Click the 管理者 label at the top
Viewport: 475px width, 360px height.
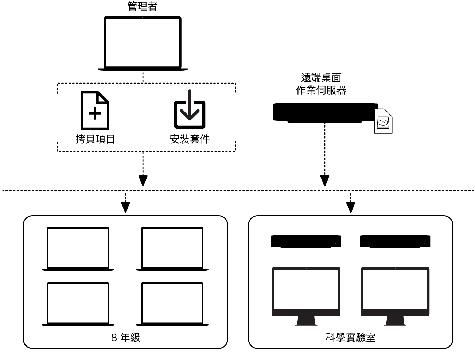(x=142, y=7)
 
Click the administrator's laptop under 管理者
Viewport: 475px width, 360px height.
(x=143, y=43)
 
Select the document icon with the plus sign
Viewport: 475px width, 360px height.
(x=95, y=111)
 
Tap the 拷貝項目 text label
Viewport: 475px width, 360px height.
(x=95, y=139)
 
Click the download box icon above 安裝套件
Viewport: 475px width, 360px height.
(x=189, y=110)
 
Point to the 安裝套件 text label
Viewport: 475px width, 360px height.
(x=190, y=139)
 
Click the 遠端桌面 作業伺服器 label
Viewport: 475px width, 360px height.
(x=321, y=84)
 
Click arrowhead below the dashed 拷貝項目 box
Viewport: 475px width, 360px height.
(x=143, y=181)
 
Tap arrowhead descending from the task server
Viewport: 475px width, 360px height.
(x=324, y=181)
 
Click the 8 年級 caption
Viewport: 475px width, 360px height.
(x=125, y=338)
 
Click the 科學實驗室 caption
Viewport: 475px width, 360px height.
(x=350, y=338)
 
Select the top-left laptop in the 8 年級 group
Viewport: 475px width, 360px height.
(x=78, y=248)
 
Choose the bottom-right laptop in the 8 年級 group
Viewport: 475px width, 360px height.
(x=172, y=303)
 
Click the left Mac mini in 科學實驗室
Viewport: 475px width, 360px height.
(x=306, y=242)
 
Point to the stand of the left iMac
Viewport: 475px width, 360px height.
(x=306, y=321)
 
